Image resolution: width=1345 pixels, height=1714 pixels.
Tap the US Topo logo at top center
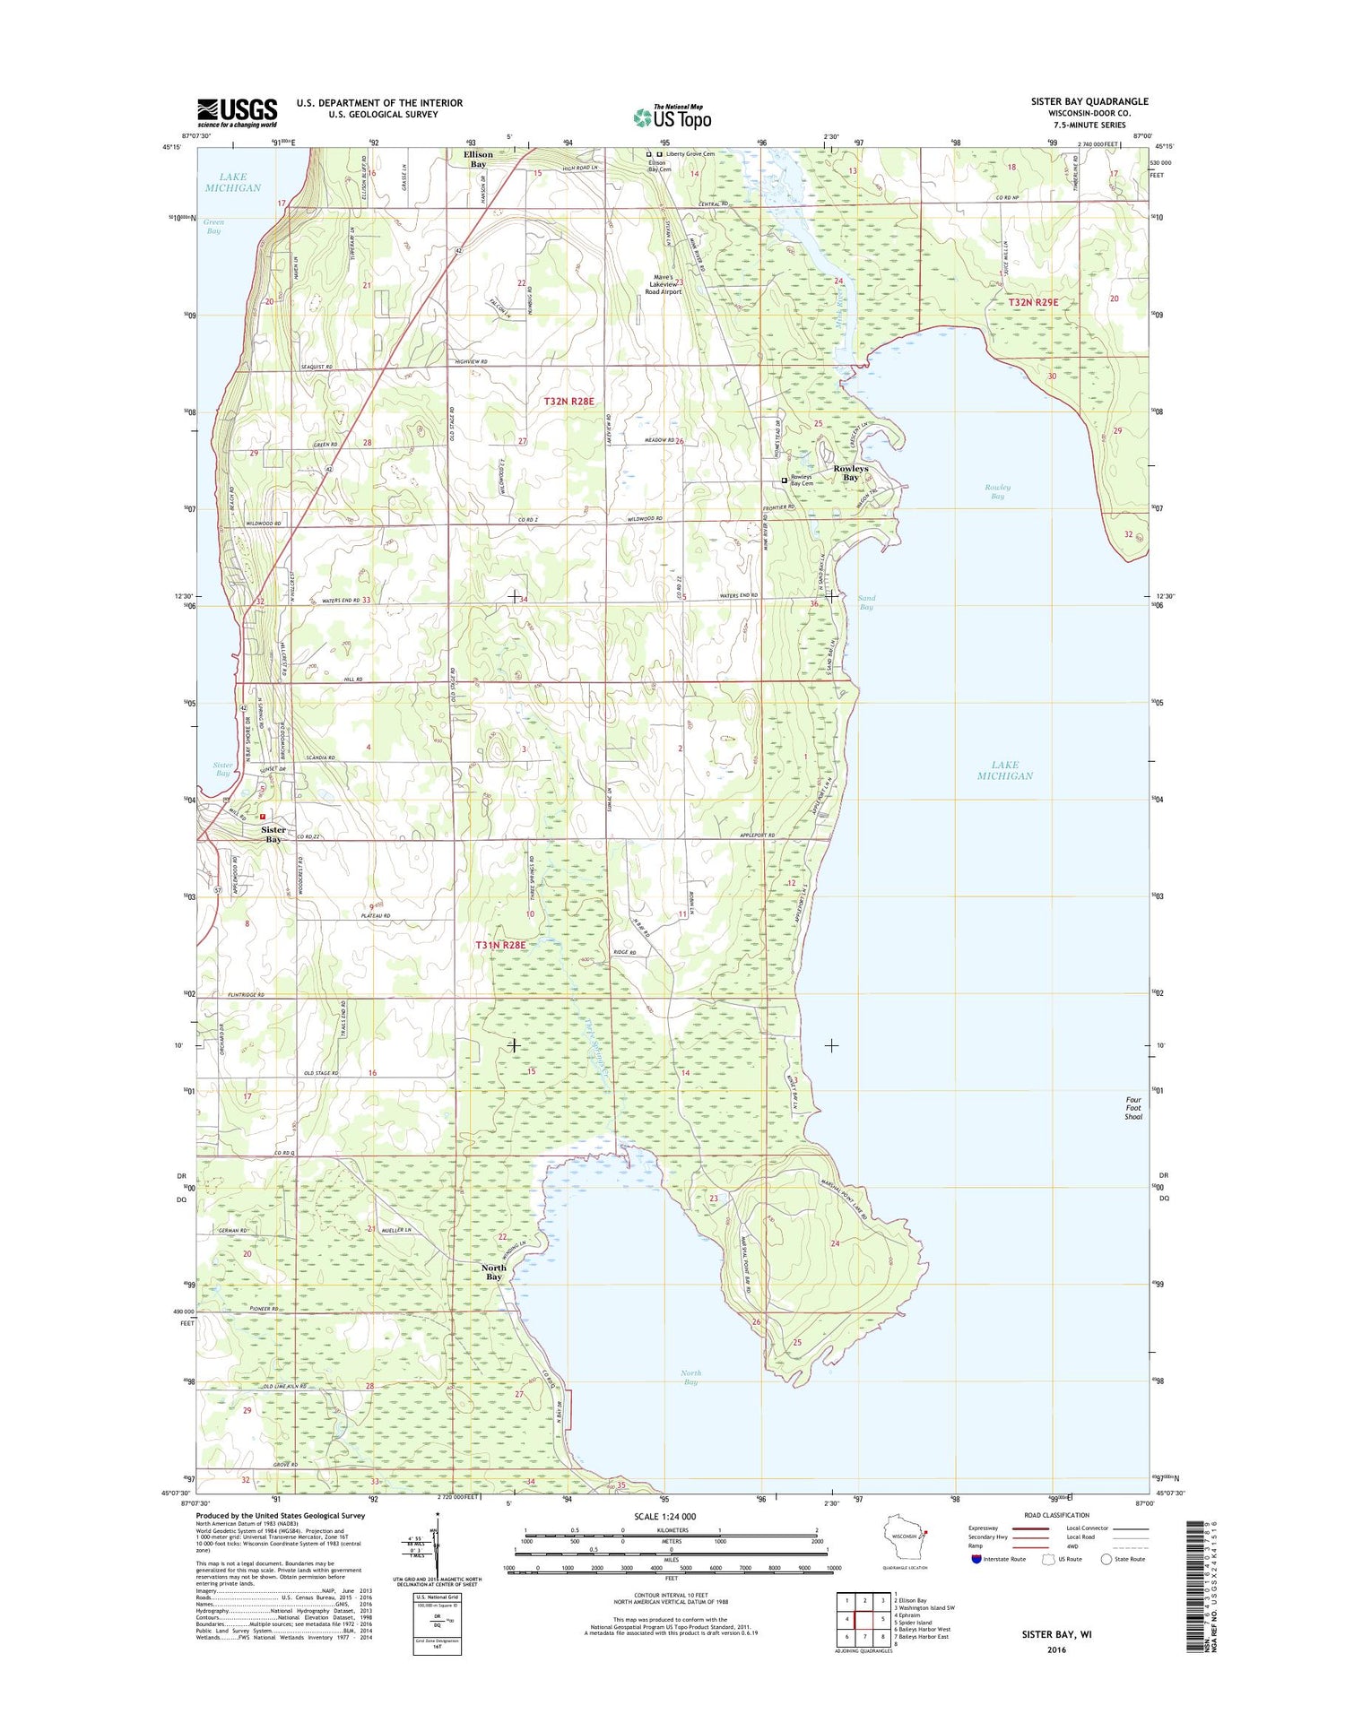(x=672, y=117)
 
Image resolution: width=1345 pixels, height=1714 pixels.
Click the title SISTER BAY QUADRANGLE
(x=1089, y=102)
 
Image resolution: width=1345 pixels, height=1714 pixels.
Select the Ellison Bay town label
(x=478, y=160)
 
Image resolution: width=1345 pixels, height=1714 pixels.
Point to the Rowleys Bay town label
(x=850, y=472)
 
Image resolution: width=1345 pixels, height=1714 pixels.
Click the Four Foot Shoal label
(x=1133, y=1108)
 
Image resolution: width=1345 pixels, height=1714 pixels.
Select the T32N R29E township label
(x=1033, y=303)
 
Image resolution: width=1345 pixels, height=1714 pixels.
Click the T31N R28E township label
(x=499, y=945)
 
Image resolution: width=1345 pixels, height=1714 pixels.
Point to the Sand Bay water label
(x=866, y=602)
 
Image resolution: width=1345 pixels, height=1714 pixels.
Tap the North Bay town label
(x=493, y=1272)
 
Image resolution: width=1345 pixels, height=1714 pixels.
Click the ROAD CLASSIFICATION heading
(x=1055, y=1515)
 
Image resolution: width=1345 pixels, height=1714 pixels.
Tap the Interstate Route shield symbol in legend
(x=976, y=1559)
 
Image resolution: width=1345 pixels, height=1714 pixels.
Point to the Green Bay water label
(x=213, y=226)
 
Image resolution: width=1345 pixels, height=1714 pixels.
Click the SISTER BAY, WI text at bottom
(x=1056, y=1634)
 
